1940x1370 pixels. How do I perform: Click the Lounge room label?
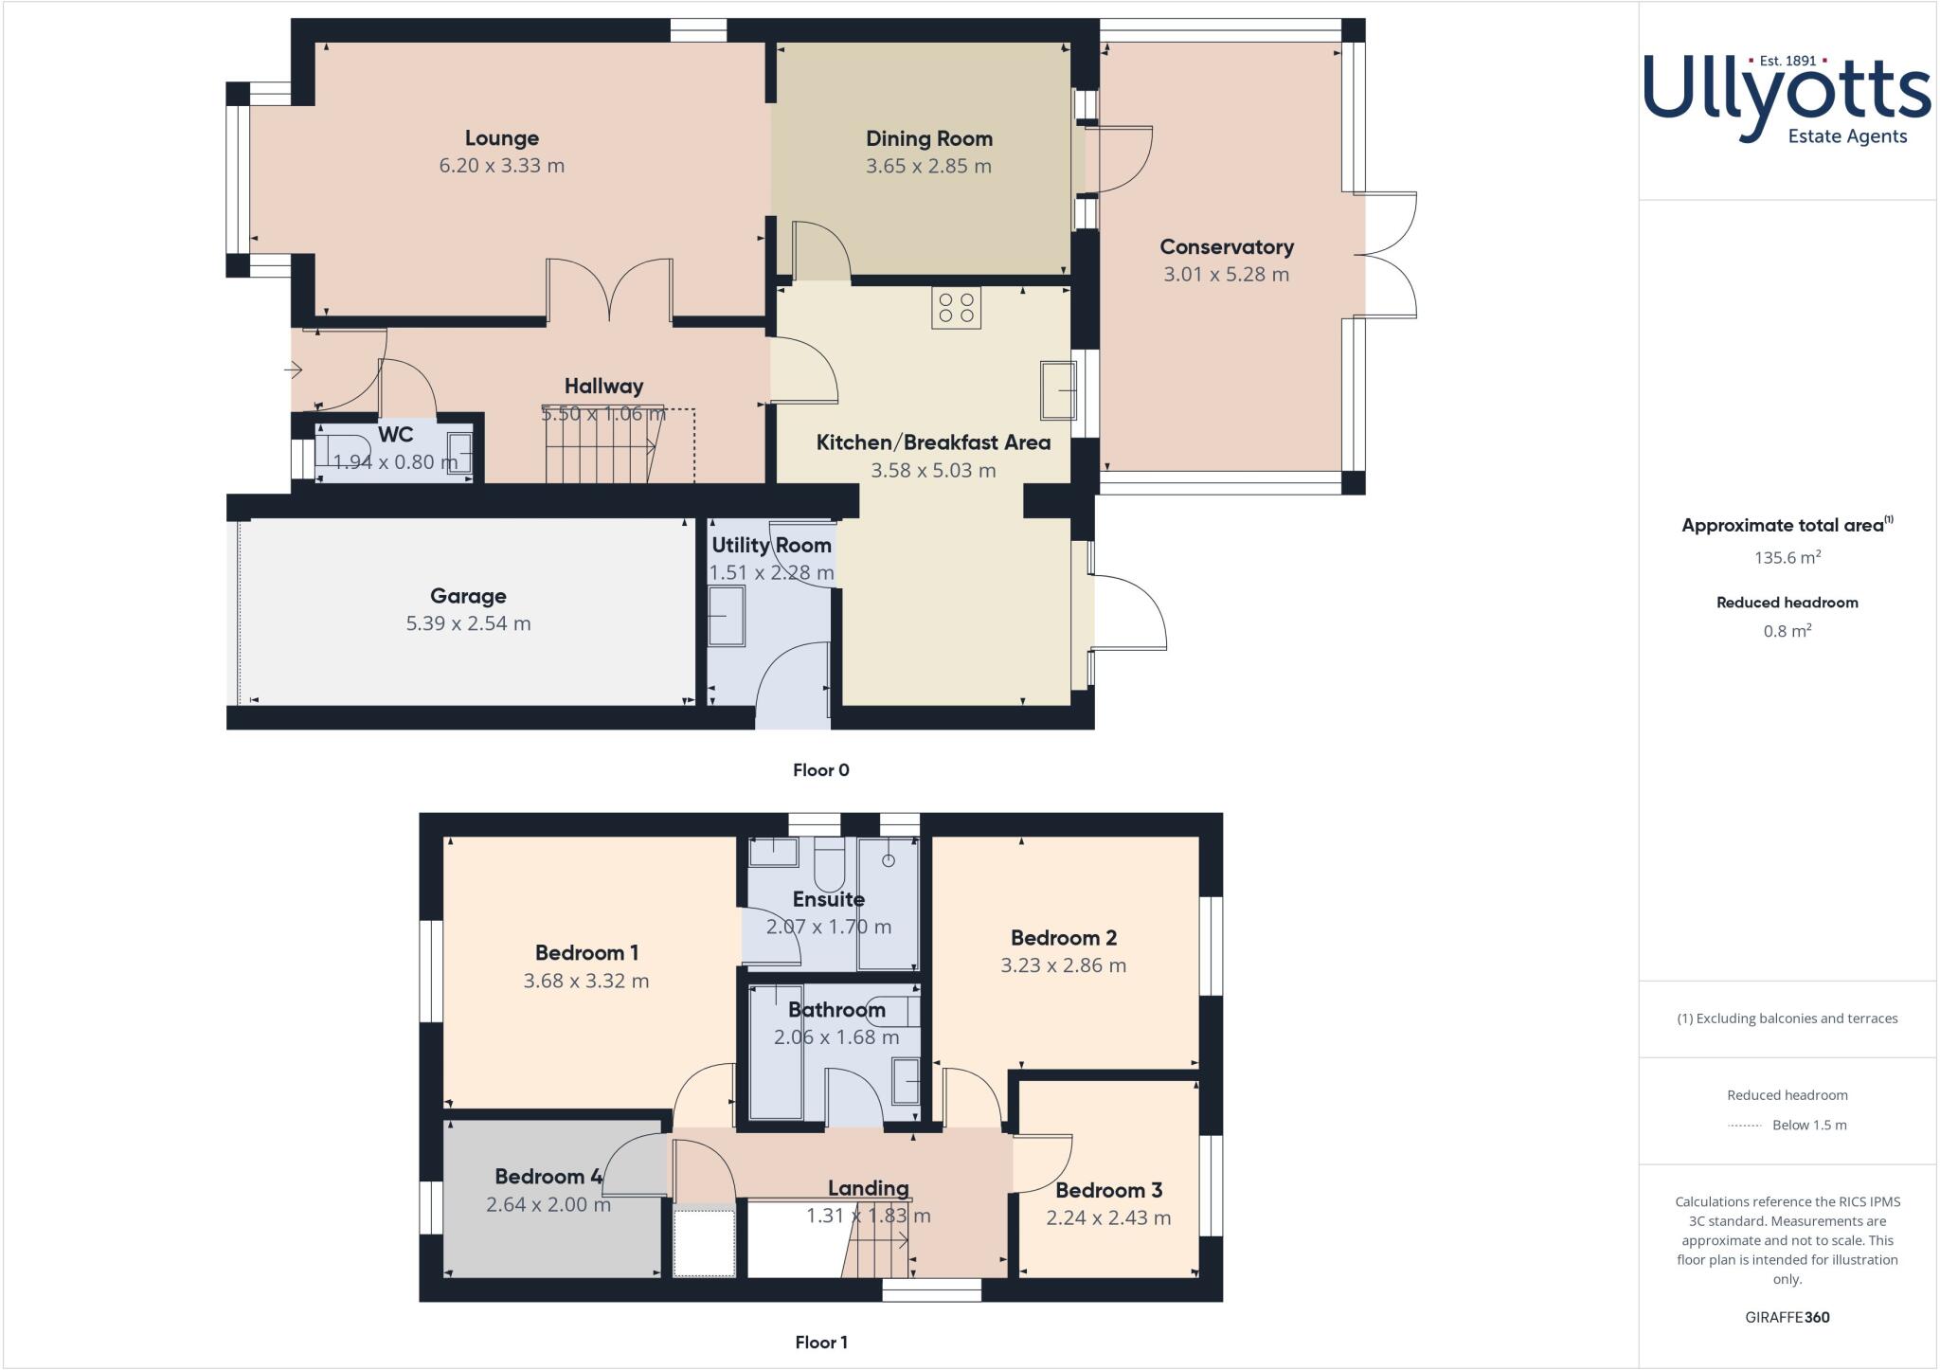pyautogui.click(x=501, y=138)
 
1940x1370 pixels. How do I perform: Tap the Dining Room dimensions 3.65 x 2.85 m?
pyautogui.click(x=928, y=167)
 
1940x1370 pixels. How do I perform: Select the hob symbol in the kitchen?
pyautogui.click(x=956, y=308)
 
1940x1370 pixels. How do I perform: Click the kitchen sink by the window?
pyautogui.click(x=1058, y=389)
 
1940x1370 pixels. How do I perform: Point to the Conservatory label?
pyautogui.click(x=1226, y=247)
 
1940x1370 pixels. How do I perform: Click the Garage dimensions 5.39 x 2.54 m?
pyautogui.click(x=468, y=624)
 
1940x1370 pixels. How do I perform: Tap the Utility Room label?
pyautogui.click(x=771, y=546)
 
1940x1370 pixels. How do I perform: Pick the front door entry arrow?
pyautogui.click(x=296, y=370)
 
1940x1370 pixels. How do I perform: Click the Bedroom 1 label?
pyautogui.click(x=586, y=953)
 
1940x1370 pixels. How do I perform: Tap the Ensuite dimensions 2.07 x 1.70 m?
pyautogui.click(x=829, y=928)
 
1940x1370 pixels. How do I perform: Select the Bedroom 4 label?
pyautogui.click(x=548, y=1177)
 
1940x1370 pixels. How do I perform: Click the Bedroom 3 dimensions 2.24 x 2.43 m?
pyautogui.click(x=1108, y=1218)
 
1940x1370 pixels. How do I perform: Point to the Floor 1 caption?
pyautogui.click(x=821, y=1343)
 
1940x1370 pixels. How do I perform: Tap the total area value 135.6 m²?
pyautogui.click(x=1787, y=558)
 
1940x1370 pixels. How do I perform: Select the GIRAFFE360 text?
pyautogui.click(x=1787, y=1318)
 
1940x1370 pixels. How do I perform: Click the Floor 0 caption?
pyautogui.click(x=821, y=770)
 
